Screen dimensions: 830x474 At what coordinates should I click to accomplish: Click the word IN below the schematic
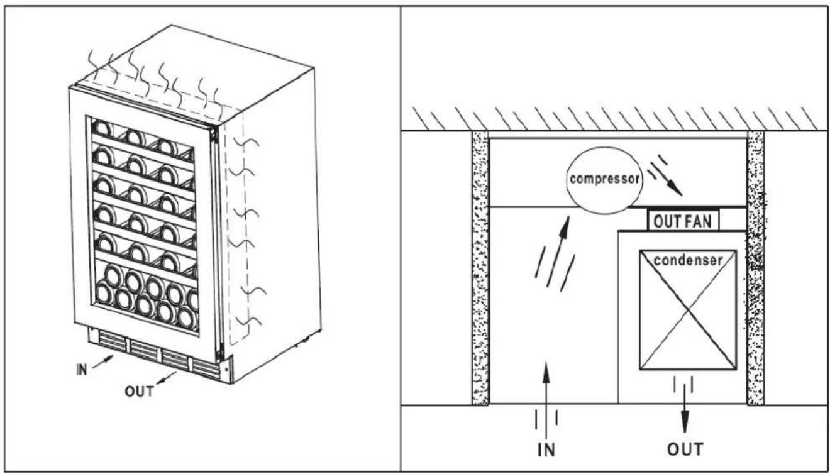[546, 449]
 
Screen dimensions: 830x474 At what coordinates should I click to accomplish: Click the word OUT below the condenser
[685, 449]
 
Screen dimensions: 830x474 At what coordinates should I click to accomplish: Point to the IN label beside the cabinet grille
[82, 369]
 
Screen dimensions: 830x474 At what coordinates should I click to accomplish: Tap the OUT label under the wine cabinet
[140, 391]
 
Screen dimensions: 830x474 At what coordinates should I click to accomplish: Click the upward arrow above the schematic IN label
[546, 400]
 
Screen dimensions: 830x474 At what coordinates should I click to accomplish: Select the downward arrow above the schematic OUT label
[685, 409]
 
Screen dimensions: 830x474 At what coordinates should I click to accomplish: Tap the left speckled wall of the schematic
[480, 268]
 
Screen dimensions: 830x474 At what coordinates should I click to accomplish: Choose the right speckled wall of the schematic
[756, 268]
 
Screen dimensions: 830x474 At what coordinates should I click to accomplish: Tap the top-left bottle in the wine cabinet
[103, 128]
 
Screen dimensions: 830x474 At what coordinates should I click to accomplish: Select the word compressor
[605, 179]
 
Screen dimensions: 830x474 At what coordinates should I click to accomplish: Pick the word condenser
[688, 260]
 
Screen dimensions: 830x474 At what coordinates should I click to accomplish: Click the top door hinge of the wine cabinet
[214, 135]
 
